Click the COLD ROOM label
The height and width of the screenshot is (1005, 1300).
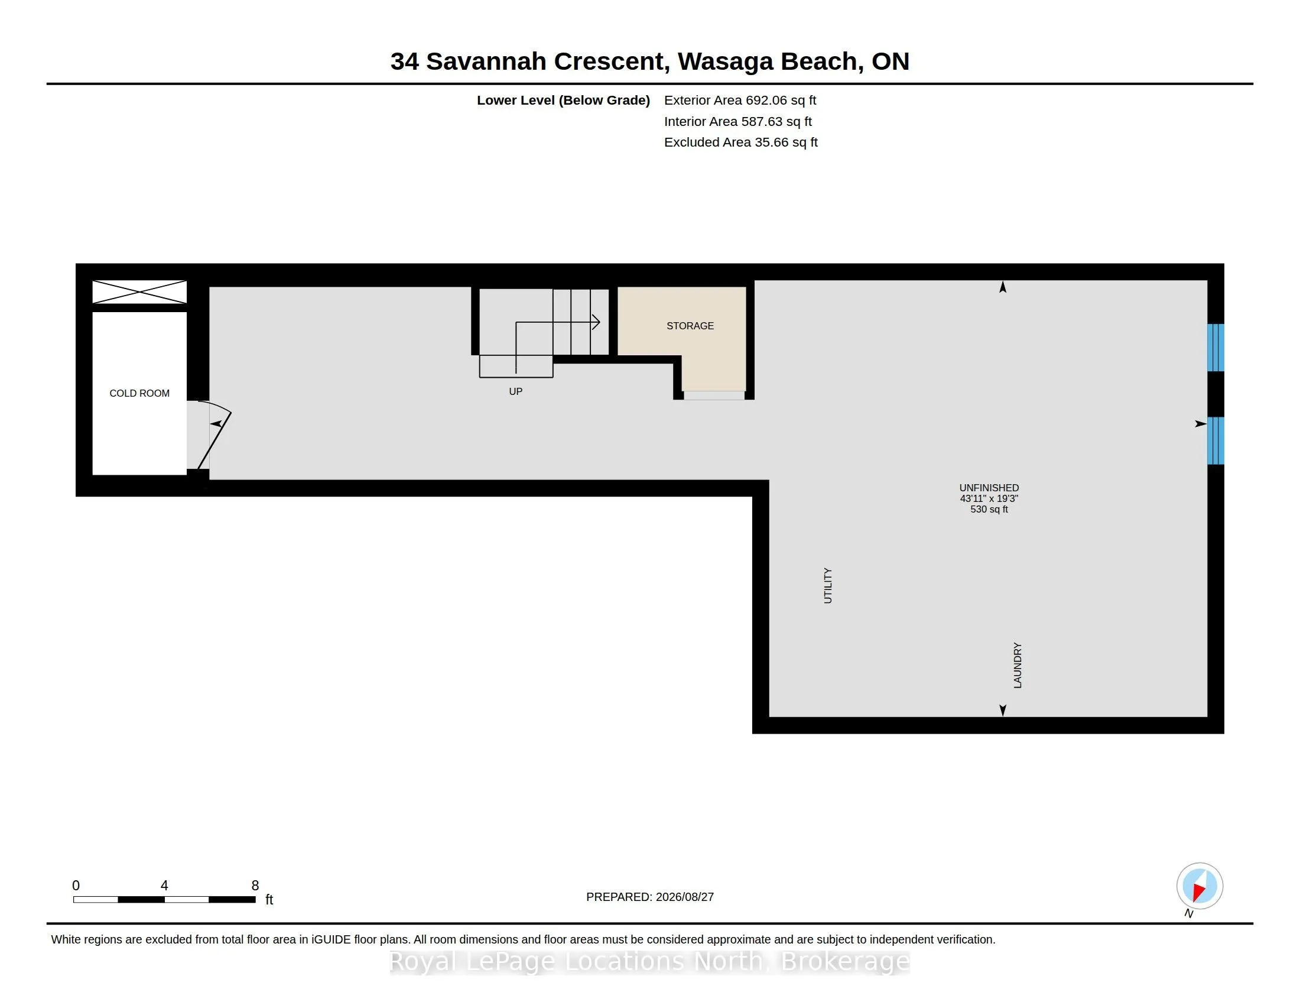139,393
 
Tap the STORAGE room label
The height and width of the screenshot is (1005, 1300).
690,326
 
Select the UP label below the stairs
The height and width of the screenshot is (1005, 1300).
515,391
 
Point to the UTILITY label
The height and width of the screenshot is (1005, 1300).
827,586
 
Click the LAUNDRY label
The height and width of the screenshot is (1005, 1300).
1018,665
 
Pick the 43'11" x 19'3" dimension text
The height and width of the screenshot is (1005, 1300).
989,498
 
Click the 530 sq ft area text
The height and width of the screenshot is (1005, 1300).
989,509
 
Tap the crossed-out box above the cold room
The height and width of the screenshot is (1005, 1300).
139,292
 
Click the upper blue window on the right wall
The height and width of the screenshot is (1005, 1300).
1215,348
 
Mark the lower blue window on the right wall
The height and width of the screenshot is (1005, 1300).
1215,440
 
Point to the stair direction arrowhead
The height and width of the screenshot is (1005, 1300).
595,322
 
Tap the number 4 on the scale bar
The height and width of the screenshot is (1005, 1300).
164,886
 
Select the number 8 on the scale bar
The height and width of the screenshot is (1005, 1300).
255,886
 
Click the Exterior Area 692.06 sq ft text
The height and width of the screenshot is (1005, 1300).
740,100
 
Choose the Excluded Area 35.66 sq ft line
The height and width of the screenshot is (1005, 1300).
740,142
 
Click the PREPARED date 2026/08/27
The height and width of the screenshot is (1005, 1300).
683,897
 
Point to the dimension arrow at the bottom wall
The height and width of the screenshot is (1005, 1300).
1002,710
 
